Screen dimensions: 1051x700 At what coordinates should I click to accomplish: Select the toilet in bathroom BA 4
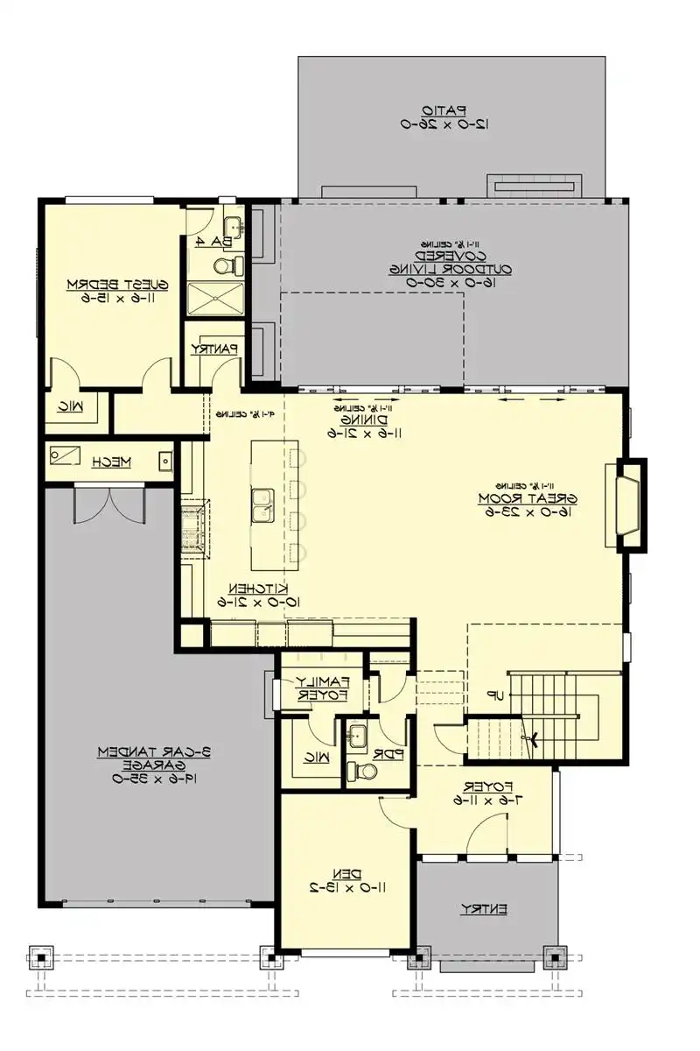[x=224, y=265]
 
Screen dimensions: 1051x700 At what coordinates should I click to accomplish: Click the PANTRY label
[x=214, y=349]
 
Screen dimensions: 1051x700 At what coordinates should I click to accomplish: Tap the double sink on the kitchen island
[x=261, y=505]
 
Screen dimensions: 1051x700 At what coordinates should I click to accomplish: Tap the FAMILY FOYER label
[x=321, y=688]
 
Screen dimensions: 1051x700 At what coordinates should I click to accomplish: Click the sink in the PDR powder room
[x=356, y=737]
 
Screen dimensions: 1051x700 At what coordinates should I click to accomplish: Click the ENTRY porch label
[x=484, y=910]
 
